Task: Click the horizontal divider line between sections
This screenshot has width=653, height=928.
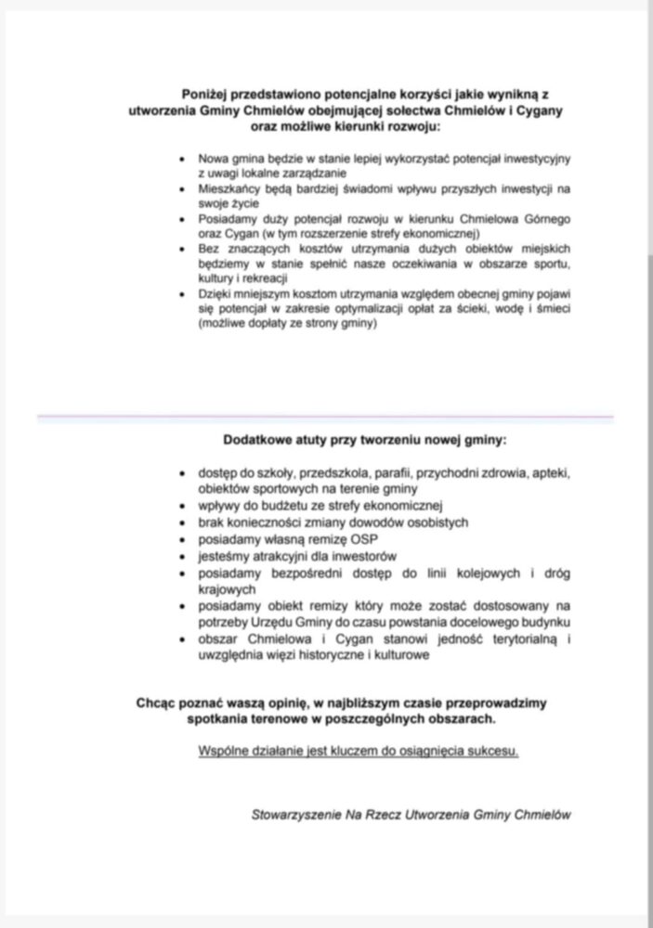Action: (326, 418)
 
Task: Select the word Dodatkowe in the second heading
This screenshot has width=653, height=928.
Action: (256, 440)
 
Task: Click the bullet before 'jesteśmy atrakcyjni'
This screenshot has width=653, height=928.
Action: (182, 557)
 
